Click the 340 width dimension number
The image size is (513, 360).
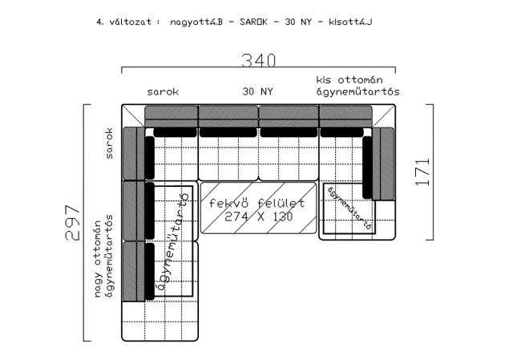click(x=258, y=61)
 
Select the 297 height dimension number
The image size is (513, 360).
click(x=73, y=223)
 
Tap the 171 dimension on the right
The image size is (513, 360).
click(x=422, y=172)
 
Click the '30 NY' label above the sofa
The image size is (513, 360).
click(x=257, y=91)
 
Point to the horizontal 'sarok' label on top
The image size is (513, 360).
click(x=163, y=92)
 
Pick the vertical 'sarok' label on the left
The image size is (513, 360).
click(x=109, y=144)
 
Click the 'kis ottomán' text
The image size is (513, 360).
click(x=349, y=80)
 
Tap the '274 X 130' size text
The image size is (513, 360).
click(x=258, y=216)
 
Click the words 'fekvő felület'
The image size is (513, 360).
click(x=256, y=203)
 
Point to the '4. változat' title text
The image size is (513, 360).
click(x=123, y=22)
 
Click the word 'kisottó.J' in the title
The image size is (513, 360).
click(x=350, y=22)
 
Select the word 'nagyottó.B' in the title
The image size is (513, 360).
click(x=196, y=22)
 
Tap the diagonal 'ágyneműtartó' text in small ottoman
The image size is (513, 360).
click(x=349, y=208)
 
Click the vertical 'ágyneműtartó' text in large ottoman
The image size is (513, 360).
click(x=173, y=242)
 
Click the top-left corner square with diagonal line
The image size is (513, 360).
click(x=133, y=115)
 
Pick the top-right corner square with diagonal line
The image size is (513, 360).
click(x=384, y=115)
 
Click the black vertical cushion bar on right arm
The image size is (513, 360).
click(x=367, y=168)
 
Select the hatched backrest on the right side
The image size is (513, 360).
click(x=384, y=164)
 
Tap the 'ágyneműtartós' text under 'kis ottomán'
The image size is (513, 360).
click(x=358, y=92)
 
